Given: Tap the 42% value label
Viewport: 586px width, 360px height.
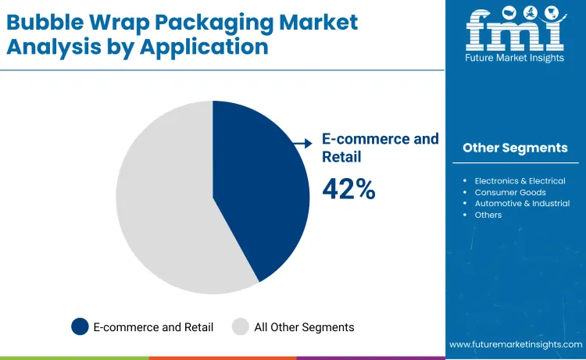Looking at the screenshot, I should click(348, 190).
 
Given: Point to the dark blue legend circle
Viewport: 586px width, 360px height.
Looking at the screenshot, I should click(80, 327).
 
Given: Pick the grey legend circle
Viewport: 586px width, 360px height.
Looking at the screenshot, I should click(241, 327).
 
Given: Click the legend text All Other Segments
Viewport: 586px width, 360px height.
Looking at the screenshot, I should click(304, 327).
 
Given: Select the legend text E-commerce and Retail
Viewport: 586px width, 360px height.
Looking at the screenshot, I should click(153, 327).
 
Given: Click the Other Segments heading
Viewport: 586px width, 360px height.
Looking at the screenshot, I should click(515, 148).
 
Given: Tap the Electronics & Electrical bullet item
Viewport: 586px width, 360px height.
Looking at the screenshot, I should click(520, 181).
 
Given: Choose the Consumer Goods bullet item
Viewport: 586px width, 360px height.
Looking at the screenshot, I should click(510, 192).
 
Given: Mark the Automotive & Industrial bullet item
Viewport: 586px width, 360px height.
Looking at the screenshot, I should click(522, 203).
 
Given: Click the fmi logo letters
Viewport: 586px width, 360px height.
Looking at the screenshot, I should click(515, 31).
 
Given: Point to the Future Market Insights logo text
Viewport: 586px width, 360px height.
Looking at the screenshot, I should click(515, 59).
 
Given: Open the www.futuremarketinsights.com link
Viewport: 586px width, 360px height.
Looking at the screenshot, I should click(516, 344).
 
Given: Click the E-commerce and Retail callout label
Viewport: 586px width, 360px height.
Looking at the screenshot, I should click(380, 148).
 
